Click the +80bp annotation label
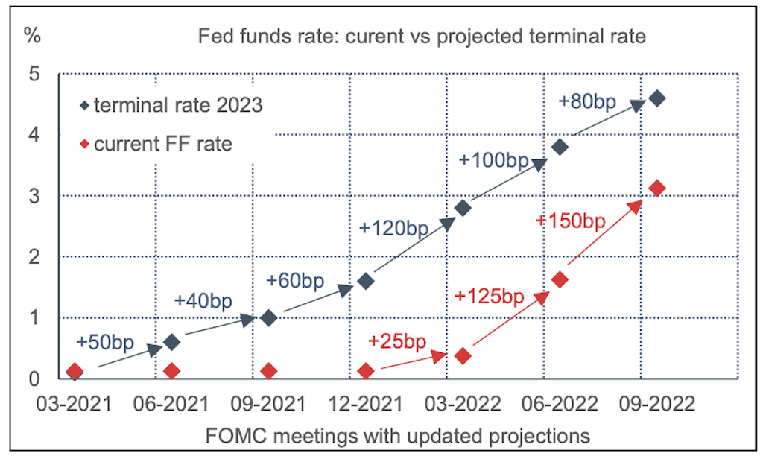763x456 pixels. coord(586,101)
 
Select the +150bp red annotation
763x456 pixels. coord(570,221)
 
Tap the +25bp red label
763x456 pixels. coord(397,341)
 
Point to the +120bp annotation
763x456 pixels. coord(393,228)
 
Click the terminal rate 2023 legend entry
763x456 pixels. coord(171,105)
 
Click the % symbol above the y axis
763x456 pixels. coord(31,35)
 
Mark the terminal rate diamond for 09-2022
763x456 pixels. coord(656,98)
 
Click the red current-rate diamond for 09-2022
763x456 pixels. coord(656,188)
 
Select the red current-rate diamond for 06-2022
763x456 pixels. coord(560,279)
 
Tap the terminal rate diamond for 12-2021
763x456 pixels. coord(365,281)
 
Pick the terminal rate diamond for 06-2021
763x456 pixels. coord(171,342)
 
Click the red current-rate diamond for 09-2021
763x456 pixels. coord(269,371)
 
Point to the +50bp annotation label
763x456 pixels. coord(105,342)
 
